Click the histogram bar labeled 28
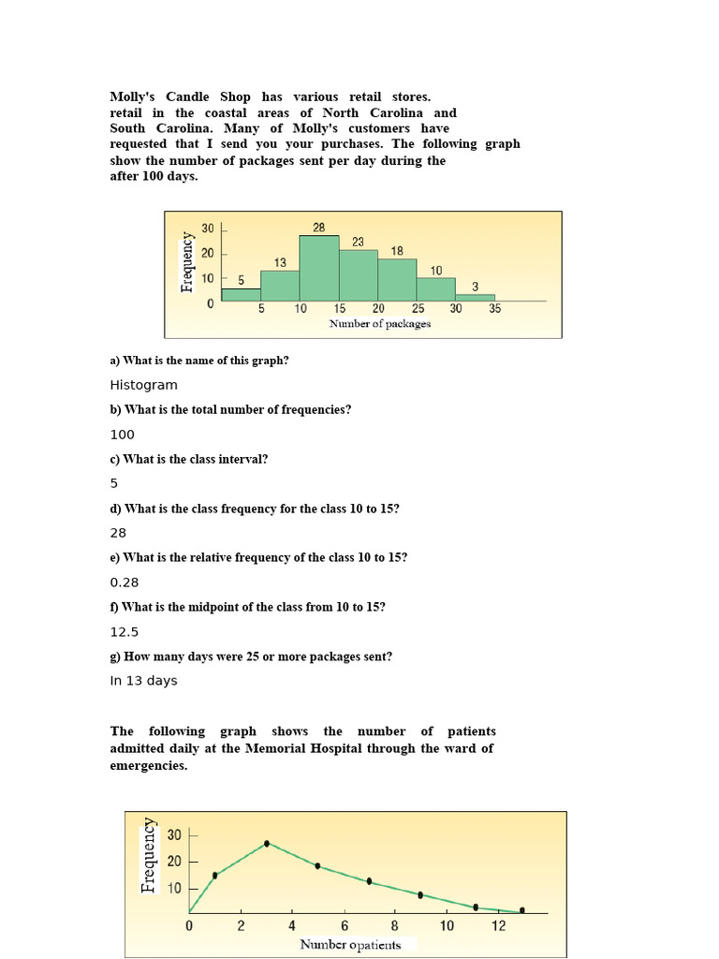pos(319,268)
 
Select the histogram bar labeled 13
pos(280,286)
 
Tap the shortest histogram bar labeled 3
pos(476,298)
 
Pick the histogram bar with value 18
pos(397,280)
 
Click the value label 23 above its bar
pos(359,242)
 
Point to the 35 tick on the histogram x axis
pos(495,308)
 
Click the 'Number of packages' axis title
pos(380,323)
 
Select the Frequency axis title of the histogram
pos(188,261)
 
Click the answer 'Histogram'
pos(143,385)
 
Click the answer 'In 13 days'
pos(143,681)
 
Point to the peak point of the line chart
pos(267,843)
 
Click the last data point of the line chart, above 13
pos(522,909)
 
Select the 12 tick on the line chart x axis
pos(498,925)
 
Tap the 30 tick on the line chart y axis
pos(175,834)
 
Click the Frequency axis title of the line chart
pos(149,855)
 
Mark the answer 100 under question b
pos(123,435)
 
